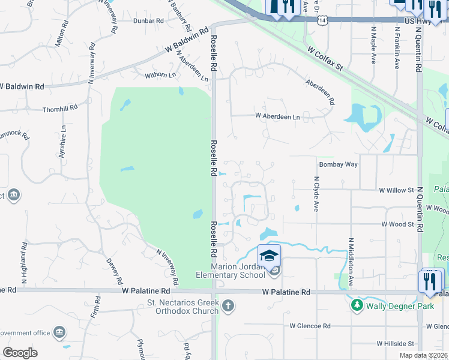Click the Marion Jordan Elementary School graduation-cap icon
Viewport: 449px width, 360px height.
click(270, 255)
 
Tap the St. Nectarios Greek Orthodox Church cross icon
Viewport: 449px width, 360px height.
click(228, 306)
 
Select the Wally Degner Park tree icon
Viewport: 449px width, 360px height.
click(357, 305)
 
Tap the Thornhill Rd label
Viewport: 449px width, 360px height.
click(60, 109)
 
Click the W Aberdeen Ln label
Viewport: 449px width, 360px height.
click(277, 116)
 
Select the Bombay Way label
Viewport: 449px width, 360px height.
click(339, 164)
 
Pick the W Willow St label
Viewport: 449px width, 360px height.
click(396, 190)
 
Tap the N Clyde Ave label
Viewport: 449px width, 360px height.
click(316, 194)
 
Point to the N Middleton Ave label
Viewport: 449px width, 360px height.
click(349, 256)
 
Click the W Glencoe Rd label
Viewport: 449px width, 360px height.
click(310, 326)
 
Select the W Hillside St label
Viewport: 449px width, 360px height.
click(396, 344)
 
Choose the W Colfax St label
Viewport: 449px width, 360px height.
click(324, 60)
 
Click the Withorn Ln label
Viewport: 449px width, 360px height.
click(160, 75)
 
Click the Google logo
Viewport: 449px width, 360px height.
click(20, 353)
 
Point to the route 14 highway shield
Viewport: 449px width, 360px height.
click(323, 20)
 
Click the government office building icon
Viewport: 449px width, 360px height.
click(59, 332)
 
